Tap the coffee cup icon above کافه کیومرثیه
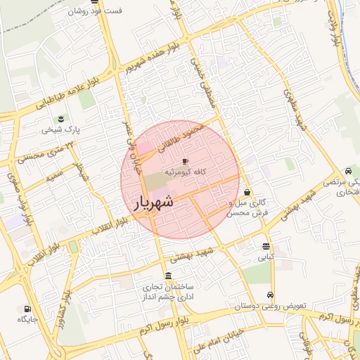click(x=185, y=161)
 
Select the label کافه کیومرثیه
click(x=185, y=172)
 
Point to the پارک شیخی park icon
click(x=60, y=117)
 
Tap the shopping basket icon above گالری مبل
click(x=247, y=192)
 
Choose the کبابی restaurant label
click(x=266, y=258)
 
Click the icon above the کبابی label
click(x=266, y=247)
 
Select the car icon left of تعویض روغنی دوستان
click(x=271, y=295)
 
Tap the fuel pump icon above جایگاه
click(x=27, y=309)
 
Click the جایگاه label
click(x=27, y=320)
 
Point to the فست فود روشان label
click(x=95, y=11)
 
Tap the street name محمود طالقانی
click(x=182, y=136)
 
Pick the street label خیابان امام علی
click(x=219, y=338)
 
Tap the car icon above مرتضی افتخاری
click(x=348, y=172)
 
